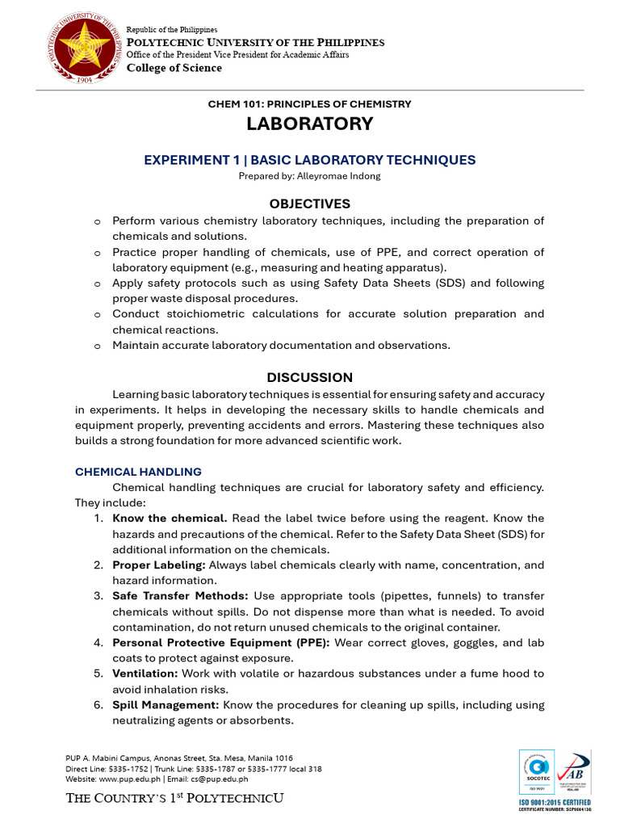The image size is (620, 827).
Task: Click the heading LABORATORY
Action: pyautogui.click(x=310, y=124)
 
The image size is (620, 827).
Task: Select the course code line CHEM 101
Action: pyautogui.click(x=310, y=104)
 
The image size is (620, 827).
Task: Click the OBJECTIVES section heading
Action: pyautogui.click(x=310, y=204)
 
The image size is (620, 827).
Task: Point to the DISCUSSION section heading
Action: pyautogui.click(x=310, y=377)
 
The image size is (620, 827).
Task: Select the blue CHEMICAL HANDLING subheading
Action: pyautogui.click(x=138, y=472)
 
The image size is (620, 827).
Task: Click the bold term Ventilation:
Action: pyautogui.click(x=145, y=674)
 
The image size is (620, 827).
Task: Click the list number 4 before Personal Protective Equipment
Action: pyautogui.click(x=97, y=643)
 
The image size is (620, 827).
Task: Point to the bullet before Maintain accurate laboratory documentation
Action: pyautogui.click(x=97, y=346)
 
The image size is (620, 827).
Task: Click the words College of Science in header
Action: pyautogui.click(x=174, y=68)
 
